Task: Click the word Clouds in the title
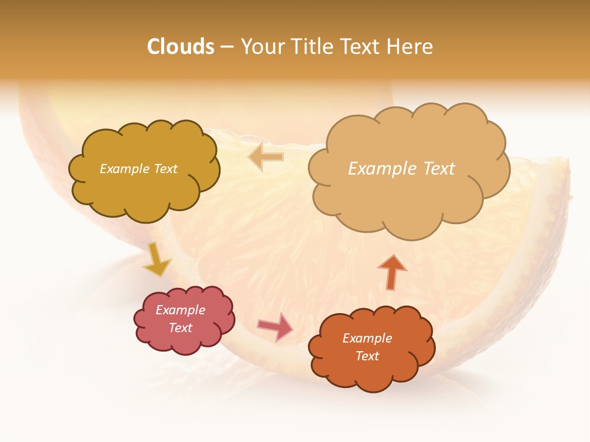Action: tap(181, 47)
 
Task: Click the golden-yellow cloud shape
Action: tap(144, 196)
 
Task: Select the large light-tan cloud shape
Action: tap(408, 203)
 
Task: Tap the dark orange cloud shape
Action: tap(372, 374)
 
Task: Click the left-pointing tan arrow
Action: tap(265, 157)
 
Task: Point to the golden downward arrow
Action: tap(156, 260)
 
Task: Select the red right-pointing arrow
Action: tap(276, 327)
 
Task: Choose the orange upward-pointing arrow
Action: tap(392, 272)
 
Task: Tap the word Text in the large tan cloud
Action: tap(438, 169)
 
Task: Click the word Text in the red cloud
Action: tap(181, 328)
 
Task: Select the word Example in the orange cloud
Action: tap(367, 338)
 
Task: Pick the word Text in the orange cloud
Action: tap(367, 356)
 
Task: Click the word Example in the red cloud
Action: tap(181, 310)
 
